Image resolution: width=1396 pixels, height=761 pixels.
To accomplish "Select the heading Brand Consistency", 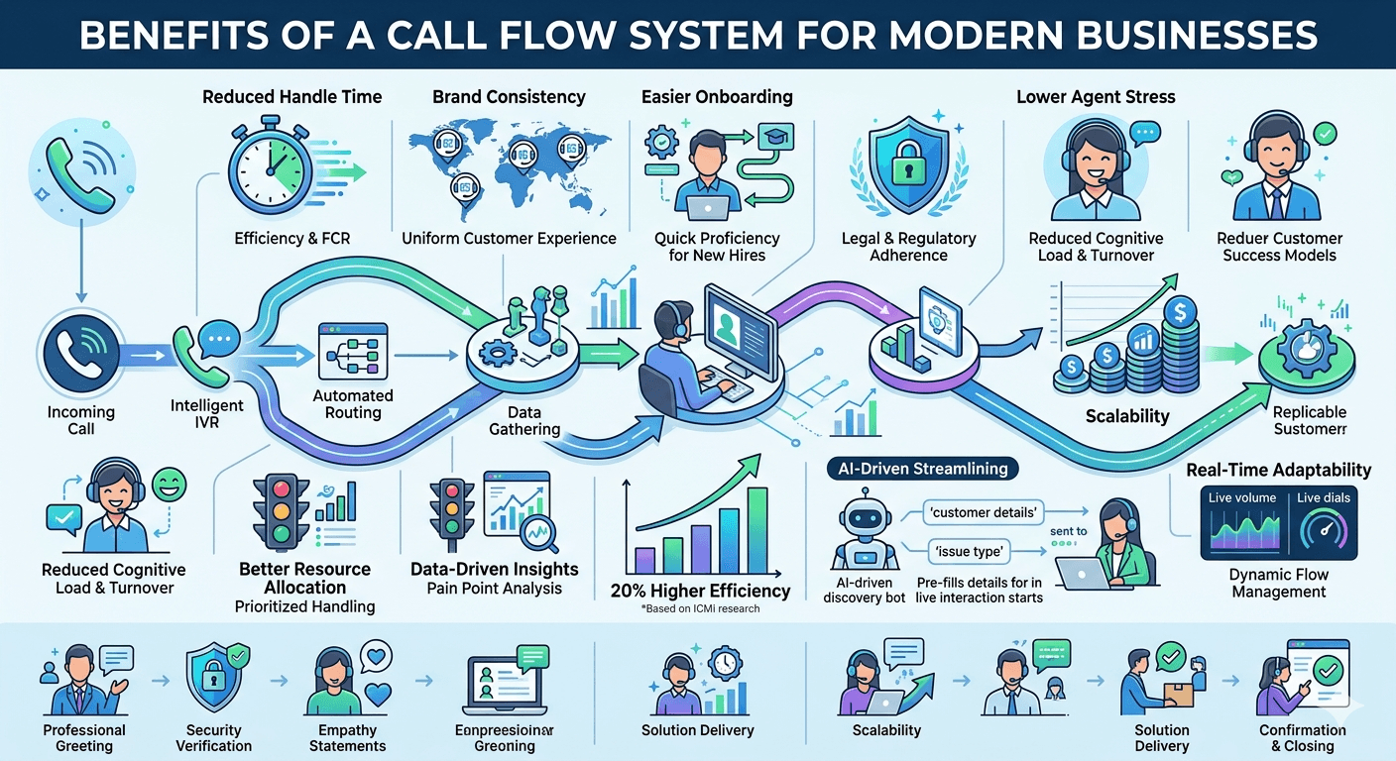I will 509,97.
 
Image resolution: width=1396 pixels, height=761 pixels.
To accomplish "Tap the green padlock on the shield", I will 908,169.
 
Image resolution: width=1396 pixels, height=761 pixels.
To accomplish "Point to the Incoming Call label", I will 81,420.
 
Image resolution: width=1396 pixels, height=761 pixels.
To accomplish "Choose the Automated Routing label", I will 353,404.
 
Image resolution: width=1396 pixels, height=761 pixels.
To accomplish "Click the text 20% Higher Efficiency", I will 701,592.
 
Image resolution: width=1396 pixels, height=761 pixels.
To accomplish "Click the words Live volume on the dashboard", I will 1242,497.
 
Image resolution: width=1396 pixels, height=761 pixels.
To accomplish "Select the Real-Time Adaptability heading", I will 1278,470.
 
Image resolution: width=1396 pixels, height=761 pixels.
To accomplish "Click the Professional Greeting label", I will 84,738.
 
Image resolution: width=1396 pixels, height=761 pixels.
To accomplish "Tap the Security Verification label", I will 213,738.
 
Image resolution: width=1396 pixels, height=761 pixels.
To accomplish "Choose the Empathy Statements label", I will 347,738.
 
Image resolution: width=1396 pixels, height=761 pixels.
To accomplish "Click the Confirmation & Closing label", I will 1302,738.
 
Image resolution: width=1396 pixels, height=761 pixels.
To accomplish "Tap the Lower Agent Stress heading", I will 1096,97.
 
